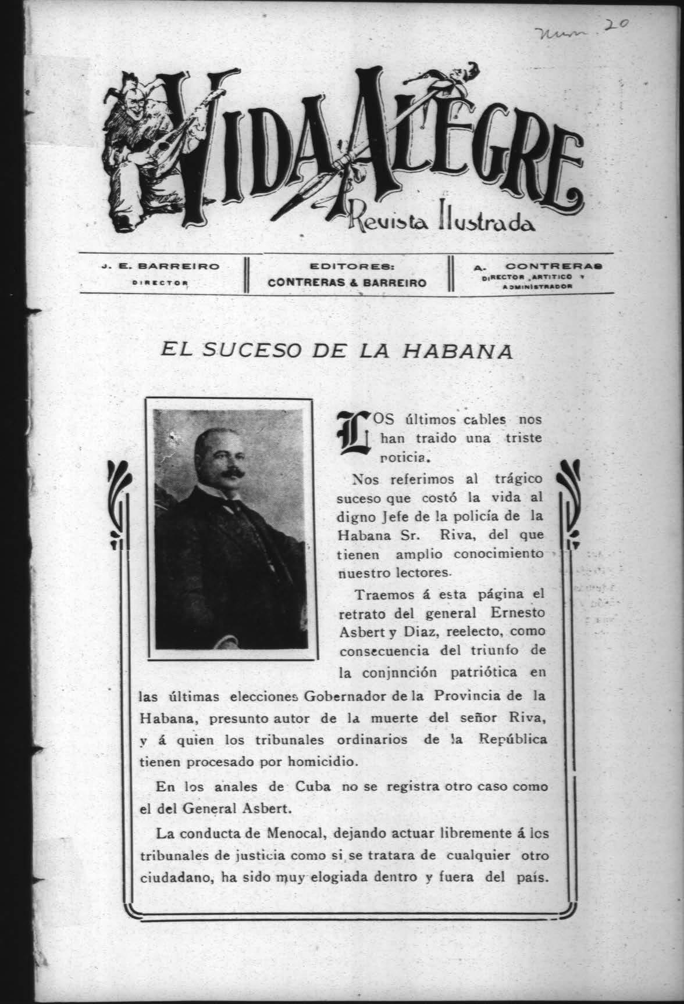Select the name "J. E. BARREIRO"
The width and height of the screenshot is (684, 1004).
pos(159,267)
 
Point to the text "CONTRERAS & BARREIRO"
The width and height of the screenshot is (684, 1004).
pos(347,282)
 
